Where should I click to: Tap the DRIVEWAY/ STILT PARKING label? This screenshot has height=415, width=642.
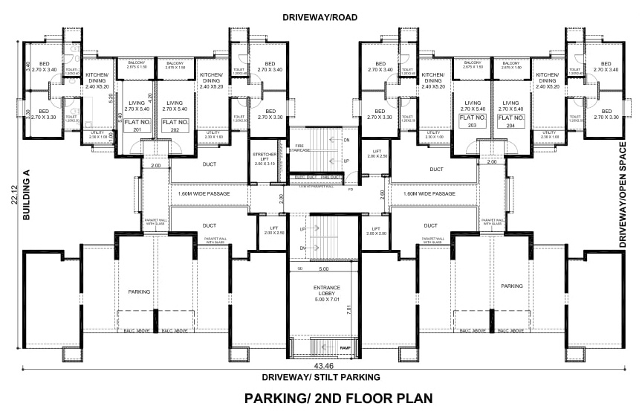click(322, 377)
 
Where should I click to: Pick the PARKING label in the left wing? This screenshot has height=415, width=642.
click(139, 292)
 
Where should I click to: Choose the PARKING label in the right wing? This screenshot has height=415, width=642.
click(510, 286)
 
